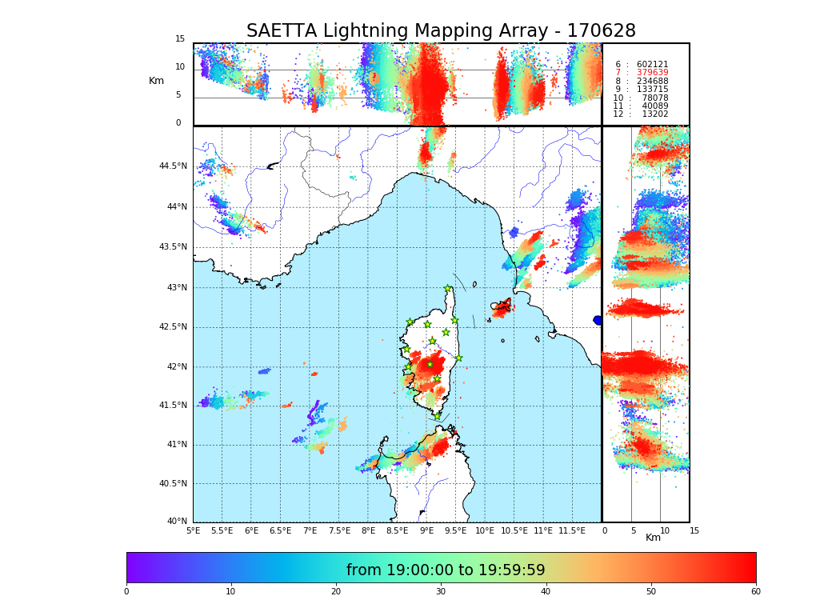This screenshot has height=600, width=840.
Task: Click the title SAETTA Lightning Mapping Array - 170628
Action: [x=441, y=31]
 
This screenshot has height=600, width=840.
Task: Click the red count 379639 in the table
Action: [x=652, y=73]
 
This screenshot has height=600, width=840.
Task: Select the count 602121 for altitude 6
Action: [x=652, y=65]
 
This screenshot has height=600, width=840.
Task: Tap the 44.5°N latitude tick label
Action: [x=173, y=166]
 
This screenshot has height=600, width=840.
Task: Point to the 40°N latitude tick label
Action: [x=177, y=522]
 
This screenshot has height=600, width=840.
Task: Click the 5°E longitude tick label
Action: [x=193, y=530]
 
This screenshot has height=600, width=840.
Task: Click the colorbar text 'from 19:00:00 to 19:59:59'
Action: [x=446, y=570]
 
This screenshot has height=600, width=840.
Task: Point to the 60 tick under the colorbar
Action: [x=755, y=592]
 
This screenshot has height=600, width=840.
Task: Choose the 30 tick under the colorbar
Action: [x=441, y=592]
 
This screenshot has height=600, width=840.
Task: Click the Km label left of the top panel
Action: [x=156, y=81]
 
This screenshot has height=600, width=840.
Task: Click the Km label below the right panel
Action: [x=653, y=538]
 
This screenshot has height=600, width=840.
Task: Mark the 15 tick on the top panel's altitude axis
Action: [x=180, y=39]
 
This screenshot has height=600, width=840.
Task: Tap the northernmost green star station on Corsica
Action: [x=448, y=289]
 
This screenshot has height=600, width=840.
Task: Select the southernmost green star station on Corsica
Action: [x=437, y=416]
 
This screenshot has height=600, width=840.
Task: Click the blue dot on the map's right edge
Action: [x=598, y=320]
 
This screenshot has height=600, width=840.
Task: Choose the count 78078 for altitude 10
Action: [x=655, y=98]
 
